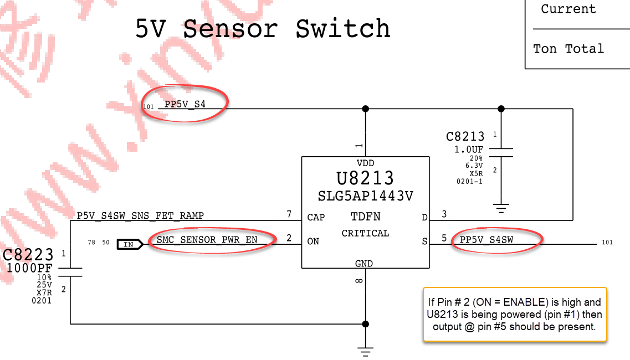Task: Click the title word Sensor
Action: (x=230, y=29)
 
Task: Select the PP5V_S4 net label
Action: (x=185, y=104)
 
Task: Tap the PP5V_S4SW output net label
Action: (x=486, y=240)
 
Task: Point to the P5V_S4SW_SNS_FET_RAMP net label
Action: (x=140, y=215)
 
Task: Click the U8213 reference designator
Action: (x=365, y=178)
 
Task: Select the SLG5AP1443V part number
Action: (x=365, y=196)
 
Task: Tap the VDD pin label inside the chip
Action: (x=365, y=163)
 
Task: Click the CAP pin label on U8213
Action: (x=316, y=217)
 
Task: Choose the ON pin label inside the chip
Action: (x=313, y=241)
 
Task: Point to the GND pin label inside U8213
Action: (x=364, y=264)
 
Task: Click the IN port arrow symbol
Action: (x=130, y=244)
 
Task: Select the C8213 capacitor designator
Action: (x=465, y=136)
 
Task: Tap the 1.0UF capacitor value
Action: (x=469, y=149)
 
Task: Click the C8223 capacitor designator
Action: (x=28, y=255)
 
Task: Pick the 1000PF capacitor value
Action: (x=29, y=269)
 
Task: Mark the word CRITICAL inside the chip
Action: (x=365, y=233)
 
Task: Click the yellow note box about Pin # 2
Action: (x=515, y=314)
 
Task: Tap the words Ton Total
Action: (x=568, y=49)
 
